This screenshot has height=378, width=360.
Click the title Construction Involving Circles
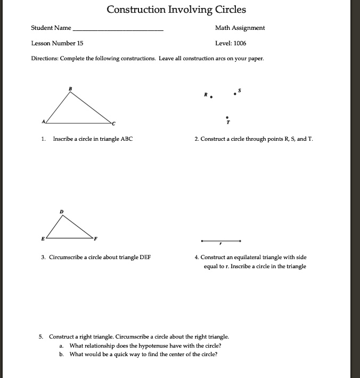(176, 10)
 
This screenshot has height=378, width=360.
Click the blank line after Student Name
(118, 31)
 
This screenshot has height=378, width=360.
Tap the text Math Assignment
(240, 28)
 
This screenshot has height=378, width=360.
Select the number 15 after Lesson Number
(79, 43)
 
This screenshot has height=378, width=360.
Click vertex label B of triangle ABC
(69, 88)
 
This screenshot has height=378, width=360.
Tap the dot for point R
(211, 97)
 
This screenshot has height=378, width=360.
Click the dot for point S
(235, 95)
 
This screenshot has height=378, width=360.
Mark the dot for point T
(227, 117)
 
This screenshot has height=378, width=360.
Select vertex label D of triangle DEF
(61, 212)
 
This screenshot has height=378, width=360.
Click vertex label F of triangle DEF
(96, 237)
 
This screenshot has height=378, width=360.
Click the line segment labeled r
(220, 240)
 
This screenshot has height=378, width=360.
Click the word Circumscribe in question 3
(67, 257)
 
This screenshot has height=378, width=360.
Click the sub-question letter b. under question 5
(61, 354)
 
